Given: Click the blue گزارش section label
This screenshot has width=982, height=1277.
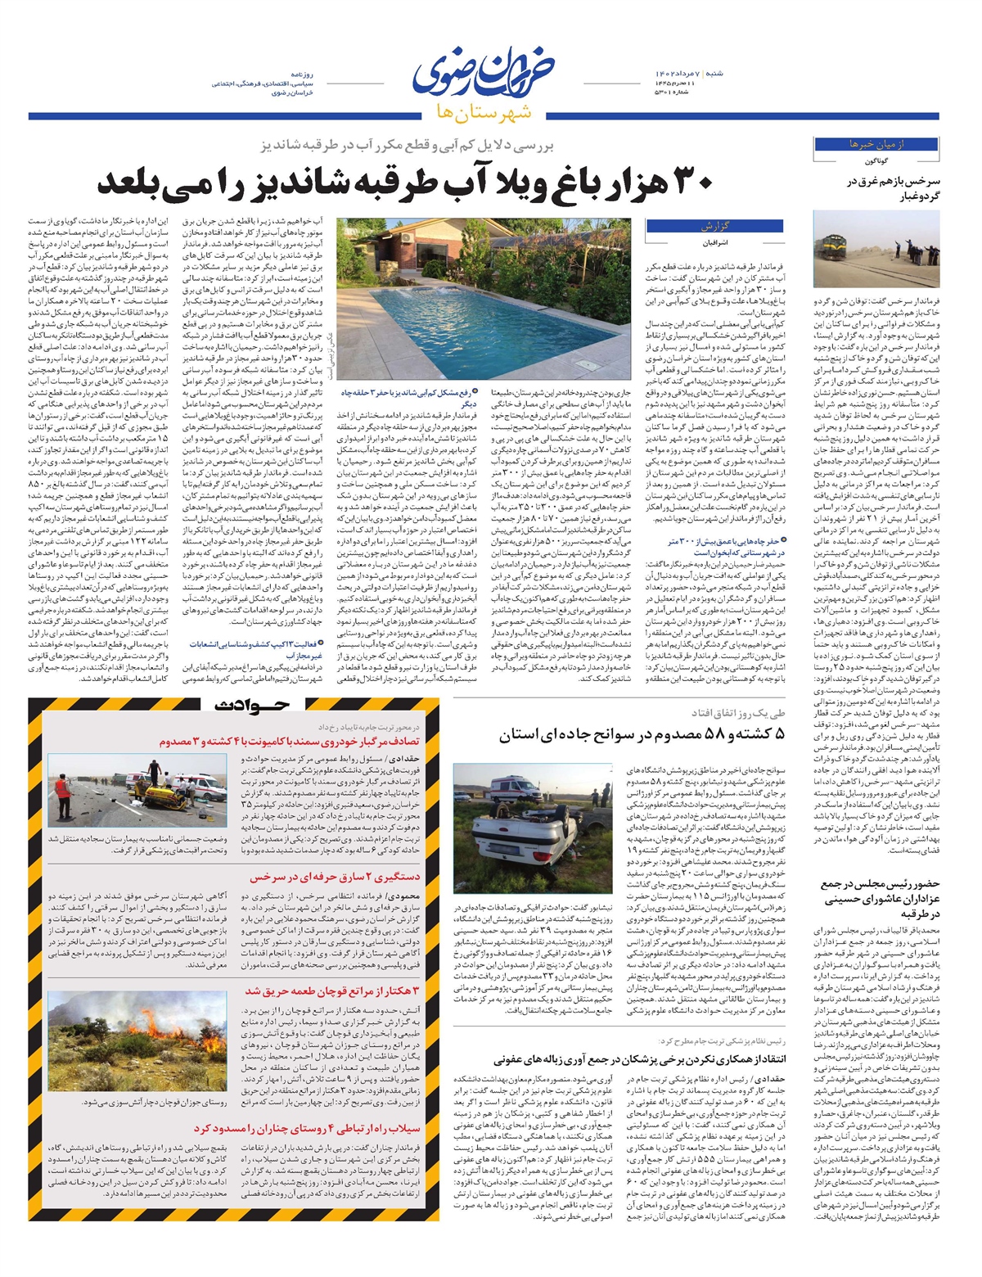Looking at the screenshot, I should tap(714, 226).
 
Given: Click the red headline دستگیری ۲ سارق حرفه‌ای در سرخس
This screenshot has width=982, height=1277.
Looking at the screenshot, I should tap(335, 877).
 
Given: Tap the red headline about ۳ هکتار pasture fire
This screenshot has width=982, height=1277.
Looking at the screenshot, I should tap(332, 991).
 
